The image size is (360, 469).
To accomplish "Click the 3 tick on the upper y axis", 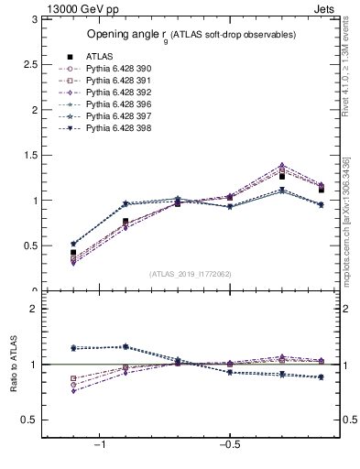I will click(33, 19).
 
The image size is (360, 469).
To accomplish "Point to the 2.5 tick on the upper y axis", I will click(29, 64).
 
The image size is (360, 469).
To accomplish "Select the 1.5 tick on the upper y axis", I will click(29, 155).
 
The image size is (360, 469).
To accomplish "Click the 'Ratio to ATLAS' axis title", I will click(12, 365).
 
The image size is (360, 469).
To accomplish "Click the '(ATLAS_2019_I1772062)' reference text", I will click(191, 274).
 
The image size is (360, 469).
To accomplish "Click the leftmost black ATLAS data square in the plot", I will click(73, 252).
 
